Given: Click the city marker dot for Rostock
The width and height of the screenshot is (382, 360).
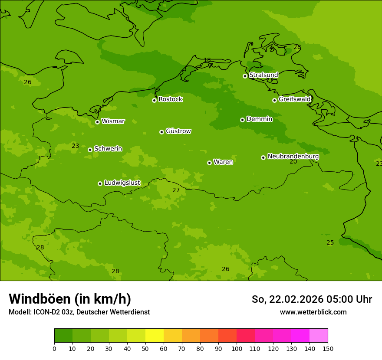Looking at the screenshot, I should (x=154, y=100).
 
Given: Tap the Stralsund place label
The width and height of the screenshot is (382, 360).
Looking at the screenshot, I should (x=263, y=75).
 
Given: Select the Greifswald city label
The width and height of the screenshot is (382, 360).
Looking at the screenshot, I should (x=294, y=99).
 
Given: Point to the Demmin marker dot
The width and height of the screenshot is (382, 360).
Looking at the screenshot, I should (x=242, y=120).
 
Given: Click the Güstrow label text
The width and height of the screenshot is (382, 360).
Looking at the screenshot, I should (x=178, y=131).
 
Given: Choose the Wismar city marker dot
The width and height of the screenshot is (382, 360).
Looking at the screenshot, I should (x=97, y=122).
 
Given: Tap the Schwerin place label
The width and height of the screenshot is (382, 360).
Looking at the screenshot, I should (x=108, y=149).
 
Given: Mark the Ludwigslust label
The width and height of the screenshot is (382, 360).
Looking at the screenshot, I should (x=122, y=183).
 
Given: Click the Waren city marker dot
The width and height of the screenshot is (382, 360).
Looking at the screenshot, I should (x=209, y=163).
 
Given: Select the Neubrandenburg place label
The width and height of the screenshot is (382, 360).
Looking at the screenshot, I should (x=293, y=157).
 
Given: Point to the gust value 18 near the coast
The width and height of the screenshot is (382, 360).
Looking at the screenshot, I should (x=207, y=60).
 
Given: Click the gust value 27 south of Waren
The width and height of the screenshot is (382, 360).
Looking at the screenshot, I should (x=176, y=190).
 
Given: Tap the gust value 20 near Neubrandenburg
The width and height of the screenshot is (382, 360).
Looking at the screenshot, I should (x=293, y=162).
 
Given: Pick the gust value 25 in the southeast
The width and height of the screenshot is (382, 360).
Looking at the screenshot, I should (x=330, y=242).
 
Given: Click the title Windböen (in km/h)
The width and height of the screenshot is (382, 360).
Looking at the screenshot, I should (x=70, y=299).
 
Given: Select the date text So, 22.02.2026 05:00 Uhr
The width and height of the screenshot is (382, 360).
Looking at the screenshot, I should (x=312, y=299).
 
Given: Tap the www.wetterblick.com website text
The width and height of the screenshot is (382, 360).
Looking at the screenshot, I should (x=313, y=312).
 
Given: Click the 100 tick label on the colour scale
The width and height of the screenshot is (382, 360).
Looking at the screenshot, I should (x=237, y=348).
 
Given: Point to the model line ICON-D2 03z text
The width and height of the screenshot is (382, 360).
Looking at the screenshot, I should (x=79, y=312).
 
